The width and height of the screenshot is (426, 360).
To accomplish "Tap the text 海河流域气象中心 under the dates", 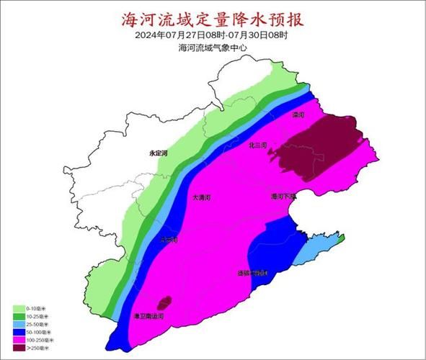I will coord(213,48).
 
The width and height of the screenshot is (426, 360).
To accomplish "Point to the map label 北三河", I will coord(257,145).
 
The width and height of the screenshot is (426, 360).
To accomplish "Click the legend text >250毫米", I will coord(36,348).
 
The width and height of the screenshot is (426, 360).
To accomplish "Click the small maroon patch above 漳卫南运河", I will coord(165,301).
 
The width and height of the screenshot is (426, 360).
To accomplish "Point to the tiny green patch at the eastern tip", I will coord(343,237).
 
